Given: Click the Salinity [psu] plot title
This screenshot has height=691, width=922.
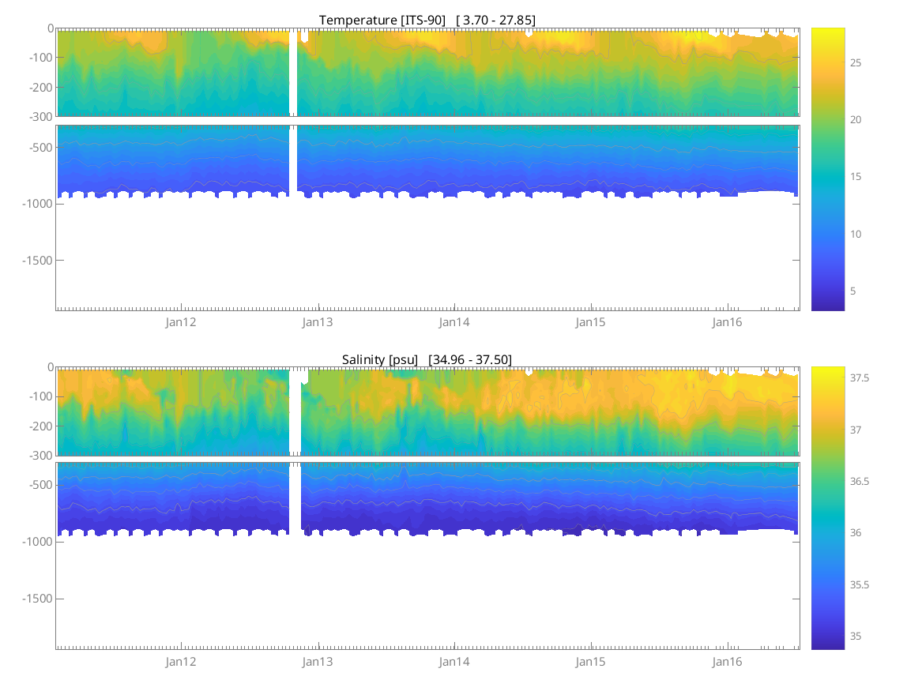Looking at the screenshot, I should coord(379,359).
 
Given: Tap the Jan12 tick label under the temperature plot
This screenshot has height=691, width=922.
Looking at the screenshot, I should coord(181,322).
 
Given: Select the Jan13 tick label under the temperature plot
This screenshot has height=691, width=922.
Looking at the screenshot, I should coord(318,322).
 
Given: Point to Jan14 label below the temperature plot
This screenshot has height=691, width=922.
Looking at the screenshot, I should coord(454,322).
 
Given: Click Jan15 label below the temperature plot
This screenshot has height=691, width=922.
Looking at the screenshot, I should coord(591,322).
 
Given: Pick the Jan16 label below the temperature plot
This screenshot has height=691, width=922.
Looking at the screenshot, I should coord(728,322).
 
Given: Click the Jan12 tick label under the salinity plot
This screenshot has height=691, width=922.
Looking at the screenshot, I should coord(181,661).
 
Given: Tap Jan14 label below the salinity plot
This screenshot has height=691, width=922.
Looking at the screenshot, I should coord(454,661).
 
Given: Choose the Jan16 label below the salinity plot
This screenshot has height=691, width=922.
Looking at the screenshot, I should coord(728,661).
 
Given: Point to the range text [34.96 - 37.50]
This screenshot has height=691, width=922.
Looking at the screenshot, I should coord(470,359).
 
